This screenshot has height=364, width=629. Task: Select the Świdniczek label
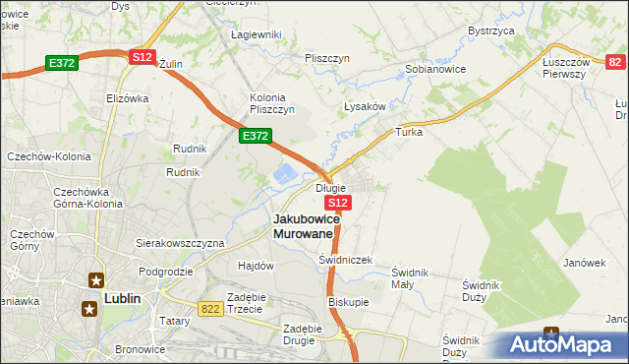point(345,260)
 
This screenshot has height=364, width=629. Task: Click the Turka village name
point(408,131)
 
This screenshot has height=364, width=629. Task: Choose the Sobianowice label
point(435,70)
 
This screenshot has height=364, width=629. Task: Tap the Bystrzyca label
point(491,31)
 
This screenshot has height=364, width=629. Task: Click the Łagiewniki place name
point(256,34)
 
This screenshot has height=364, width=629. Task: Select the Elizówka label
point(127,98)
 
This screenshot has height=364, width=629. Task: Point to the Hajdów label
point(256,266)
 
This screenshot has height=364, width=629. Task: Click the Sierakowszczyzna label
point(180,242)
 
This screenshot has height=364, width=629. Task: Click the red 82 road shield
point(615,62)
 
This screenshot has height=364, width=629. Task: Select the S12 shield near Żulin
point(142,57)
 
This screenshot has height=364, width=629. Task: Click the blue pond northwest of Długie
point(284,176)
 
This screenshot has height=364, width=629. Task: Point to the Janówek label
point(583,263)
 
